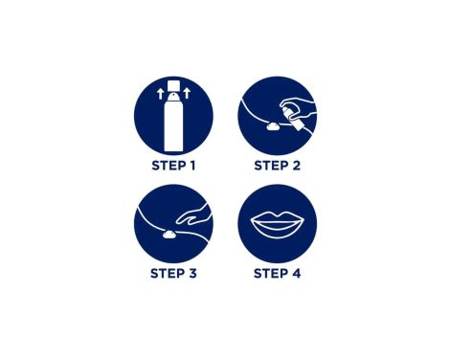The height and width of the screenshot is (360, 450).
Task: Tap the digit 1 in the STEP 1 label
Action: coord(192,166)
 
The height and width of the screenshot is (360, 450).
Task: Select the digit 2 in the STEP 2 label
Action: coord(296,166)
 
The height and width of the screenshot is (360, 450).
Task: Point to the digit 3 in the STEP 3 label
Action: coord(192,274)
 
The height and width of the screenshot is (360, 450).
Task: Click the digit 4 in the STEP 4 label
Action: coord(297,274)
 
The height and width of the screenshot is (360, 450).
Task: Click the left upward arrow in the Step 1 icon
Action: coord(161,94)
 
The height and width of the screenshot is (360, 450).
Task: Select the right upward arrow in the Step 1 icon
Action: coord(187,93)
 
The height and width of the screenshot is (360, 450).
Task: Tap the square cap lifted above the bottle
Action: coord(174,84)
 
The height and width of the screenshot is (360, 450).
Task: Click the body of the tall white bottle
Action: coord(173,125)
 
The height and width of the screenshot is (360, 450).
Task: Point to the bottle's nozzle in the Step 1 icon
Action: coord(173,96)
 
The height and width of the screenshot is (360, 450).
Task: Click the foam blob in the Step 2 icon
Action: coord(273,127)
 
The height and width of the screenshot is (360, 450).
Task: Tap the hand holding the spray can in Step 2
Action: coord(299,107)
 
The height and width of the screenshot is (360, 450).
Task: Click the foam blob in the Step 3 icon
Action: coord(169,235)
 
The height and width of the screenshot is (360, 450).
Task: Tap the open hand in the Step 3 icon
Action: coord(192,214)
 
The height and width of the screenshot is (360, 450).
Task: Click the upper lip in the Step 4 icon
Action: coord(277,217)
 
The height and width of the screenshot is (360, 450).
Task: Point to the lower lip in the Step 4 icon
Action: coord(277,231)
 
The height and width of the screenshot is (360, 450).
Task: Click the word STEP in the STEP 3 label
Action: coord(168,274)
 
